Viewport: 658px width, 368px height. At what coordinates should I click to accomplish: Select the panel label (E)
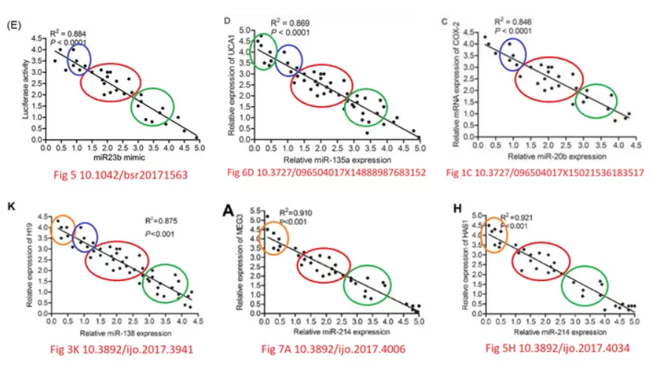click(x=12, y=24)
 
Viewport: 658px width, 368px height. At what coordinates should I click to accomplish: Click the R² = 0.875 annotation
click(x=161, y=219)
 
